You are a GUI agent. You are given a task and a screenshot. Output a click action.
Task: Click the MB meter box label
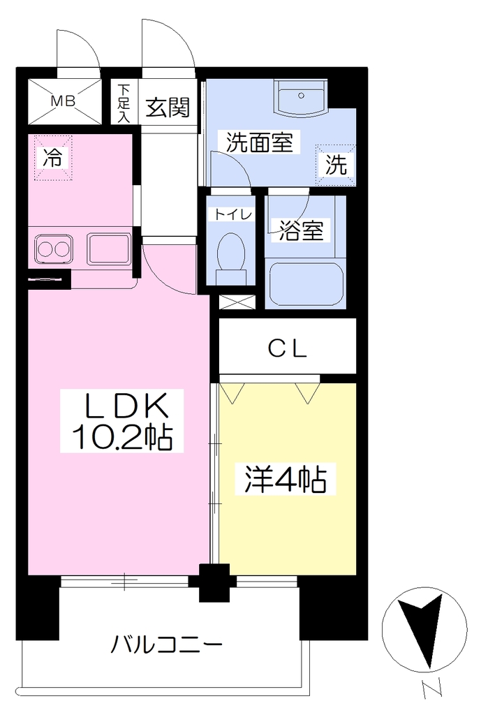(x=63, y=101)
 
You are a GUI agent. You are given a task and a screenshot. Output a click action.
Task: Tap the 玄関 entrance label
(x=168, y=108)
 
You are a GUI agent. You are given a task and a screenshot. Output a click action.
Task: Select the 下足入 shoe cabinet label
(x=124, y=103)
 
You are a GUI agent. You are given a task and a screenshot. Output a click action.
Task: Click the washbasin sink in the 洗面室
(x=301, y=97)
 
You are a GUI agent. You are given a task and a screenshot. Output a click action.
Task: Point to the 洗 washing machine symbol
(x=336, y=165)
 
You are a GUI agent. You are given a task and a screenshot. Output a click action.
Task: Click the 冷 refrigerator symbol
(x=53, y=158)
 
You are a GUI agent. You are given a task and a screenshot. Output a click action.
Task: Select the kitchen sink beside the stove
(x=108, y=249)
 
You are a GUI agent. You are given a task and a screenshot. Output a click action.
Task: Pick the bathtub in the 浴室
(x=306, y=283)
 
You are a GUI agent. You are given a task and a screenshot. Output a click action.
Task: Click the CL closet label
(x=288, y=349)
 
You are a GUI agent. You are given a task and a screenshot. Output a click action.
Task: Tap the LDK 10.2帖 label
(x=122, y=421)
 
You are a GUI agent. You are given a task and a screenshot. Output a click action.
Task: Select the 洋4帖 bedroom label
(x=286, y=479)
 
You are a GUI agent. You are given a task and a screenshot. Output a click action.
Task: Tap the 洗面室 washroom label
(x=260, y=142)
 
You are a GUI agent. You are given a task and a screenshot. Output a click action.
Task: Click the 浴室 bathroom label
(x=302, y=230)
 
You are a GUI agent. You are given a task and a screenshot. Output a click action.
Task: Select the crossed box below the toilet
(x=237, y=302)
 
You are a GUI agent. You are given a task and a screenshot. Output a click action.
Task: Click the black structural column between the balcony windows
(x=215, y=582)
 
